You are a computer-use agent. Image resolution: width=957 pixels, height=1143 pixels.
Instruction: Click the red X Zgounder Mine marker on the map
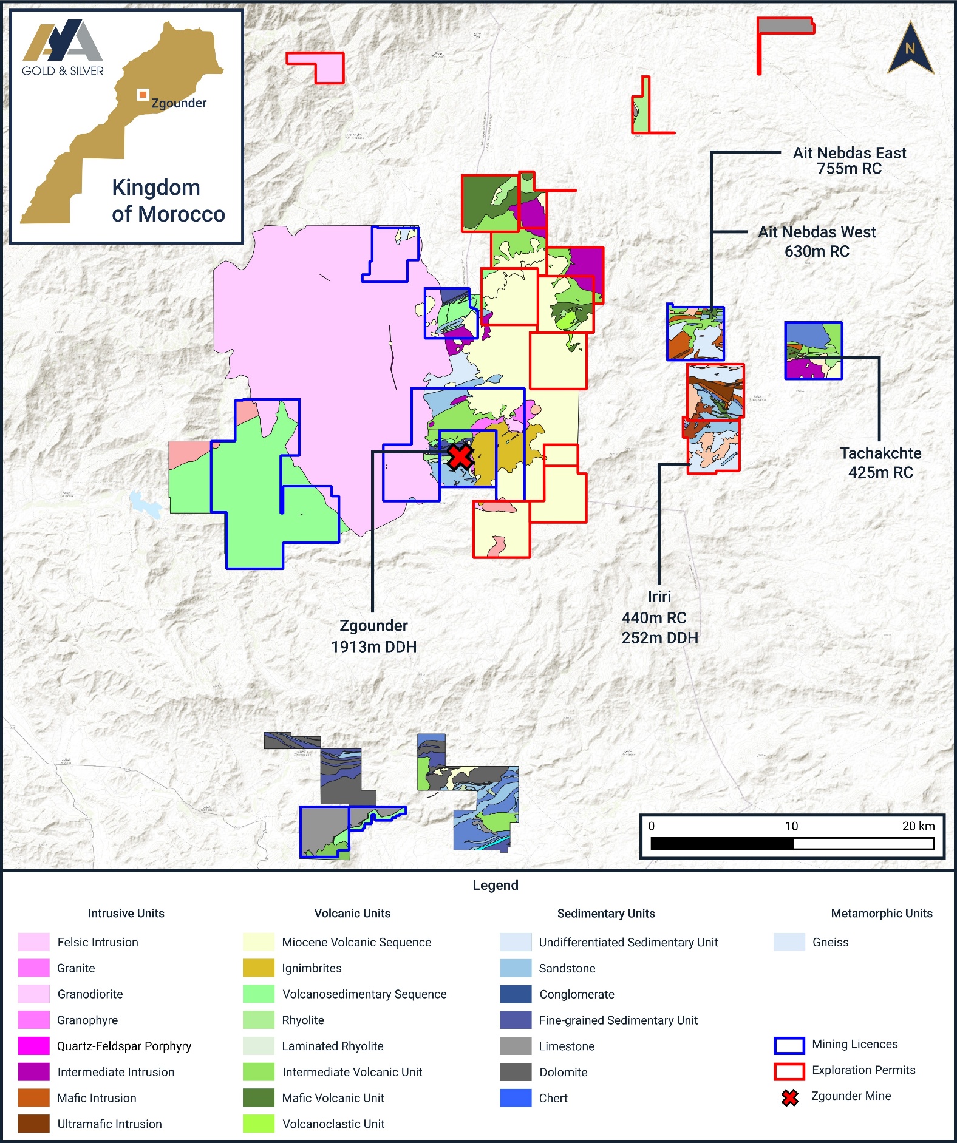(460, 456)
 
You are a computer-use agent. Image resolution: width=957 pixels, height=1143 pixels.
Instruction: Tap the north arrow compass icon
(910, 49)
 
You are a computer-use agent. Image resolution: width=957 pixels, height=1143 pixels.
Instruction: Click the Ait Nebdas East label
(849, 153)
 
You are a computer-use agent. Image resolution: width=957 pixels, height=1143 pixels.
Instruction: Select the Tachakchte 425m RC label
(880, 463)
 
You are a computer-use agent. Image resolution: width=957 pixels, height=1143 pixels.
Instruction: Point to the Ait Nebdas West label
(817, 232)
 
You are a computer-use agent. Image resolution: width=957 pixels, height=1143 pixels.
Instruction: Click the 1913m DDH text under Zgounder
(373, 647)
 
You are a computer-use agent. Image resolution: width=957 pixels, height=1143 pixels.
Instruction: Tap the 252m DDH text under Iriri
(659, 638)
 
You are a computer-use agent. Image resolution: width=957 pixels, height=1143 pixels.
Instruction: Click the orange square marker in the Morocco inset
(143, 94)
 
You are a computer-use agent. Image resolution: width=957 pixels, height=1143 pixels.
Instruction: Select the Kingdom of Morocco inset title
(168, 200)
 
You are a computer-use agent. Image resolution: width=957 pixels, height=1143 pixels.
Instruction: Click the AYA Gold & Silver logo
(63, 49)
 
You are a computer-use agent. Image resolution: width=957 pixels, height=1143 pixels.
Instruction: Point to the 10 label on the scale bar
(791, 826)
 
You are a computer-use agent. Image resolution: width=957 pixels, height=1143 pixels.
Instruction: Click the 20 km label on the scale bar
(918, 826)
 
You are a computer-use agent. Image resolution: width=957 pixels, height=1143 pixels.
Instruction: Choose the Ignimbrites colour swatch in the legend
(259, 968)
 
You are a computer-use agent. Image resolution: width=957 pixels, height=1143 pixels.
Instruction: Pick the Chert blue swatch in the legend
(516, 1098)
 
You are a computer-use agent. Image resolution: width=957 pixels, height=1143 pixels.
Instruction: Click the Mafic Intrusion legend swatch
(33, 1098)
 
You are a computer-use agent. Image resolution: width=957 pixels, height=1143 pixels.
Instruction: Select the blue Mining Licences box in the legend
(789, 1045)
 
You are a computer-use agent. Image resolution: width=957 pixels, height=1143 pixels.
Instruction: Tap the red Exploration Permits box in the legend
(789, 1071)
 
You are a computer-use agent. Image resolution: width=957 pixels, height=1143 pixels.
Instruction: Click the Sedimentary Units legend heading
(606, 914)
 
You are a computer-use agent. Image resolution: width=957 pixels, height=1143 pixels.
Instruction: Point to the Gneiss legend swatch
(789, 942)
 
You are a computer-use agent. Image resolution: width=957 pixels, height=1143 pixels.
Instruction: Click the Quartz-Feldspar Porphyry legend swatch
(33, 1046)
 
